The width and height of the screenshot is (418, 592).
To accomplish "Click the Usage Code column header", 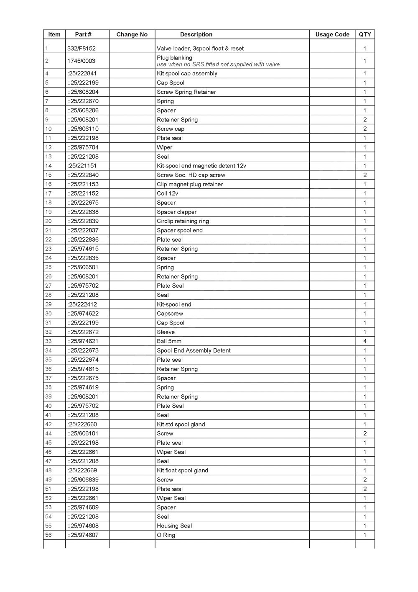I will [332, 35].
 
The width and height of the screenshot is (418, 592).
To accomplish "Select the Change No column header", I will [132, 35].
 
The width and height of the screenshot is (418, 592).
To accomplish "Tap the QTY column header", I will [365, 35].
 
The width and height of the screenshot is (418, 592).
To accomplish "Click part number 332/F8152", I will [82, 49].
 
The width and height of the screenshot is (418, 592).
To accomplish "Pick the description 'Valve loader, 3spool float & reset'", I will [200, 49].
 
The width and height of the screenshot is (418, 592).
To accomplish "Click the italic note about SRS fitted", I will [218, 64].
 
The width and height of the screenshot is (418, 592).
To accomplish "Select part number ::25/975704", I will [83, 147].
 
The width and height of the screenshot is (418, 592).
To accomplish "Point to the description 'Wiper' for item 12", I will [164, 147].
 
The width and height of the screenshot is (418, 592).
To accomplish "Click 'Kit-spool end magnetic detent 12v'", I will [201, 166].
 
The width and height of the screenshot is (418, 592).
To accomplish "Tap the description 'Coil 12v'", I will [167, 193].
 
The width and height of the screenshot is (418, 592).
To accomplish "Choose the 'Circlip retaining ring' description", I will [183, 221].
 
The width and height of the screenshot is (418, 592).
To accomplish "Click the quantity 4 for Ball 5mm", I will [365, 341].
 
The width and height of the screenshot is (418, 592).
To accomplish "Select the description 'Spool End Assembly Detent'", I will [194, 350].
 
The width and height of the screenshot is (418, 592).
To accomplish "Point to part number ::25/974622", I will [83, 314].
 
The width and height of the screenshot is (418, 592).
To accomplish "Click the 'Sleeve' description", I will [166, 332].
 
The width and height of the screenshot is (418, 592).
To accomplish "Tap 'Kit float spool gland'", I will [182, 471].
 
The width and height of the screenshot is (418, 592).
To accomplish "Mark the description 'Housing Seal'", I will [174, 526].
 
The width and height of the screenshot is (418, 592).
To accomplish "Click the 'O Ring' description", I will [166, 535].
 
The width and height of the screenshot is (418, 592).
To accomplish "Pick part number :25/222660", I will [82, 425].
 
